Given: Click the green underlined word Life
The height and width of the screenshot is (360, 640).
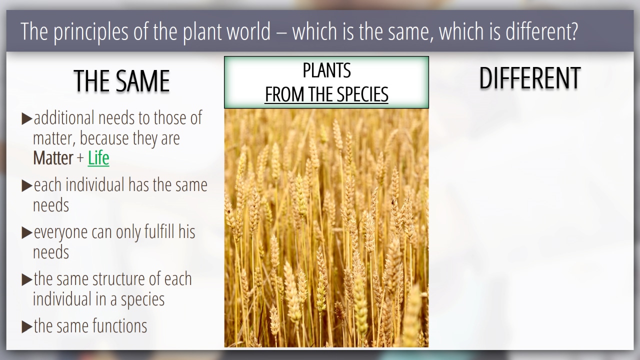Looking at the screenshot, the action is (98, 158).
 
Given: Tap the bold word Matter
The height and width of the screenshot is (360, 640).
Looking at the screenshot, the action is (53, 158).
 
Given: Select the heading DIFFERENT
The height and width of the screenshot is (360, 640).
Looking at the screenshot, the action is (530, 78).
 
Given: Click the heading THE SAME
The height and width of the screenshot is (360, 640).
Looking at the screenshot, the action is (121, 81).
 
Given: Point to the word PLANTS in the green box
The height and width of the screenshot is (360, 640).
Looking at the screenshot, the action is (326, 70).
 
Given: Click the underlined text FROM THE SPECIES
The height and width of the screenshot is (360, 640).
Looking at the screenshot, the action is (326, 94).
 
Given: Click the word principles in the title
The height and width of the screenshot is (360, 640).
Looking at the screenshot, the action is (91, 32).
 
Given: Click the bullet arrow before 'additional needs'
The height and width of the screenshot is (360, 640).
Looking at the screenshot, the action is (27, 119).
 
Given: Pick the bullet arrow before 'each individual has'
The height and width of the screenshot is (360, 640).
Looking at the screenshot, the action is (27, 185).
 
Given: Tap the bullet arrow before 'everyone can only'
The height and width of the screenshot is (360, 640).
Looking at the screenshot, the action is (27, 233).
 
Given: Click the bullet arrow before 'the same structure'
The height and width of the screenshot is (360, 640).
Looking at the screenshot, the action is (27, 280).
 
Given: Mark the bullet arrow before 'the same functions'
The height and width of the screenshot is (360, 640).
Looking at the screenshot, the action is (27, 327).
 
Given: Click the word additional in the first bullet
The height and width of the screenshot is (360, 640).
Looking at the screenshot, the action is (64, 117).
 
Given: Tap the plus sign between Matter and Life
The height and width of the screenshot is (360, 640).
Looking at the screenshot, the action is (80, 158).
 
